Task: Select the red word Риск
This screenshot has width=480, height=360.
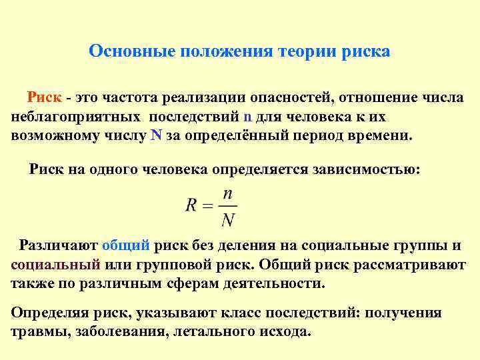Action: click(45, 98)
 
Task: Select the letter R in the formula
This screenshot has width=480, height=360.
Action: click(191, 206)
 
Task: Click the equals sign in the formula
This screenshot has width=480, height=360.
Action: click(207, 207)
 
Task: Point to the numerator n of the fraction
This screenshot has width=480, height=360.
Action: click(227, 194)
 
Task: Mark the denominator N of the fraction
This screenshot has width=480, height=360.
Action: click(228, 219)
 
